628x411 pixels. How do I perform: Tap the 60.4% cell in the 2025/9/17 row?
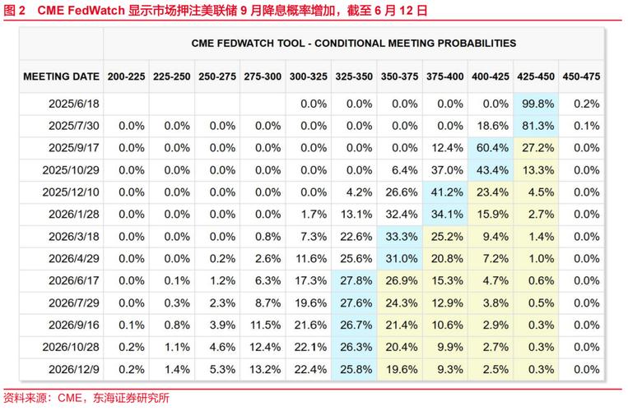pyautogui.click(x=492, y=148)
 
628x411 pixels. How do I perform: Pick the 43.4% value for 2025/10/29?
pyautogui.click(x=492, y=170)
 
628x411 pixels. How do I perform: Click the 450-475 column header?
pyautogui.click(x=583, y=76)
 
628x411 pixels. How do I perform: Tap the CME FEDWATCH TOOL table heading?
pyautogui.click(x=354, y=43)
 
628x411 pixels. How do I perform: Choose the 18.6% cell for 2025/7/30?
pyautogui.click(x=492, y=126)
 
